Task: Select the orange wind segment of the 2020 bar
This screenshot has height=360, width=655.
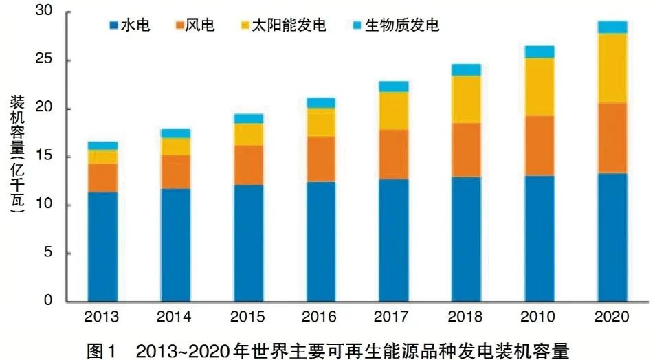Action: coord(612,138)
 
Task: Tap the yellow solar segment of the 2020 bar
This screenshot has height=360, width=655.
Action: coord(612,68)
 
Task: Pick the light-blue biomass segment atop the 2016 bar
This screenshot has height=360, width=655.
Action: coord(320,103)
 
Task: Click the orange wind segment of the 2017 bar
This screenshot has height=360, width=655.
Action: coord(393,154)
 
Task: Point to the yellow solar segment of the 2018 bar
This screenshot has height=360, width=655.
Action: coord(466,99)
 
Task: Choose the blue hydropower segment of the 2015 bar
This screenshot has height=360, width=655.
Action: coord(247,243)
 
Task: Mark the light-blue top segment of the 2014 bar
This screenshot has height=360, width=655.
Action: coord(175,133)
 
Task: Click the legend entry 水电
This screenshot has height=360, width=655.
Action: coord(128,26)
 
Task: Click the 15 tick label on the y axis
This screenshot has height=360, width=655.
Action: coord(44,157)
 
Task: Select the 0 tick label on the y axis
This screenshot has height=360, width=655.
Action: coord(48,301)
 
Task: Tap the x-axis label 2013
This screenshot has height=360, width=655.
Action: coord(102,317)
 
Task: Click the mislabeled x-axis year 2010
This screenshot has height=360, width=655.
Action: coord(539,317)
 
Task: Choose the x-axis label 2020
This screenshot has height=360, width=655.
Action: coord(612,317)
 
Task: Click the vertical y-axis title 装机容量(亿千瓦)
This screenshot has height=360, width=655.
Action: coord(16,157)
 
